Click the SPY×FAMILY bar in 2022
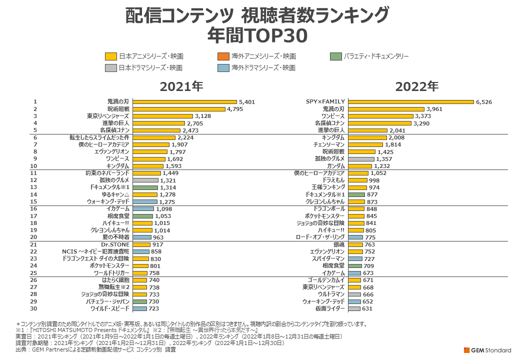[x=410, y=102]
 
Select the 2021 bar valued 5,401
[x=184, y=102]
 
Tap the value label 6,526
[x=484, y=102]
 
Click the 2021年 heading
[x=181, y=86]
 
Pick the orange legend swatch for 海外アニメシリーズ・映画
[x=223, y=56]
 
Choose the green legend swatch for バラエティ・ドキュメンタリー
[x=336, y=56]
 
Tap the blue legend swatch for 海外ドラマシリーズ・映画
[x=223, y=67]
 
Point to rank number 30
[x=34, y=308]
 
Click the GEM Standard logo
[x=487, y=349]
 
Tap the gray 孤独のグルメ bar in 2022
[x=361, y=159]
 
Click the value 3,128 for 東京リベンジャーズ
[x=204, y=116]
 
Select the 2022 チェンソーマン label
[x=329, y=144]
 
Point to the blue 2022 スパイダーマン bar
[x=355, y=258]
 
